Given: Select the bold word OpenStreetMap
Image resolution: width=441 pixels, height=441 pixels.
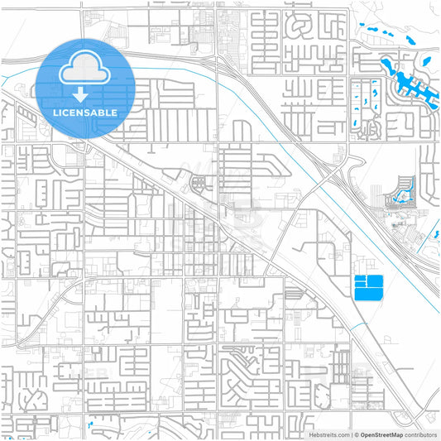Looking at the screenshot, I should (381, 434).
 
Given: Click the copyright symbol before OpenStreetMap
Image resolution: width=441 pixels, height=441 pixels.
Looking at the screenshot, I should (357, 434).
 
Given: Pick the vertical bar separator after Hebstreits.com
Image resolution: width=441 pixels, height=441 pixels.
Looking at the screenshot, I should (351, 434).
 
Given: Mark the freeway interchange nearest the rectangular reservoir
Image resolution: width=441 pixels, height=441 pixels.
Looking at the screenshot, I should (335, 170).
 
